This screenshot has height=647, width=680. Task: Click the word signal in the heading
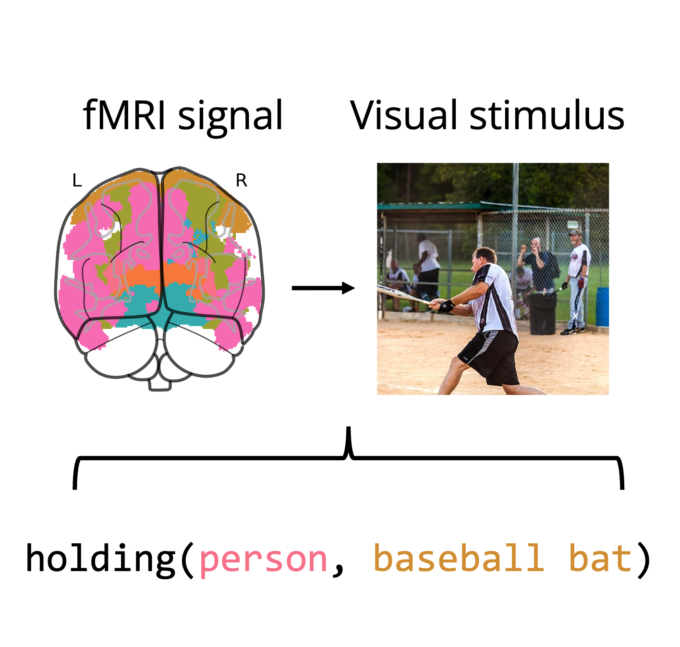click(231, 118)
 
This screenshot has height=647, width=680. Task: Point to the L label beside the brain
click(77, 181)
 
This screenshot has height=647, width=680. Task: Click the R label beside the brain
click(241, 181)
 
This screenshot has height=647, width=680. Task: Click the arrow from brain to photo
click(323, 288)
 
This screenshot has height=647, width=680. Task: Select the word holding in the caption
click(101, 559)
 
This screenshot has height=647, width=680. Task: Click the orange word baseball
click(459, 559)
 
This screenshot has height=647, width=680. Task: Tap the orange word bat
click(600, 559)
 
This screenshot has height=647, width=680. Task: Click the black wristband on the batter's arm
click(446, 305)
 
